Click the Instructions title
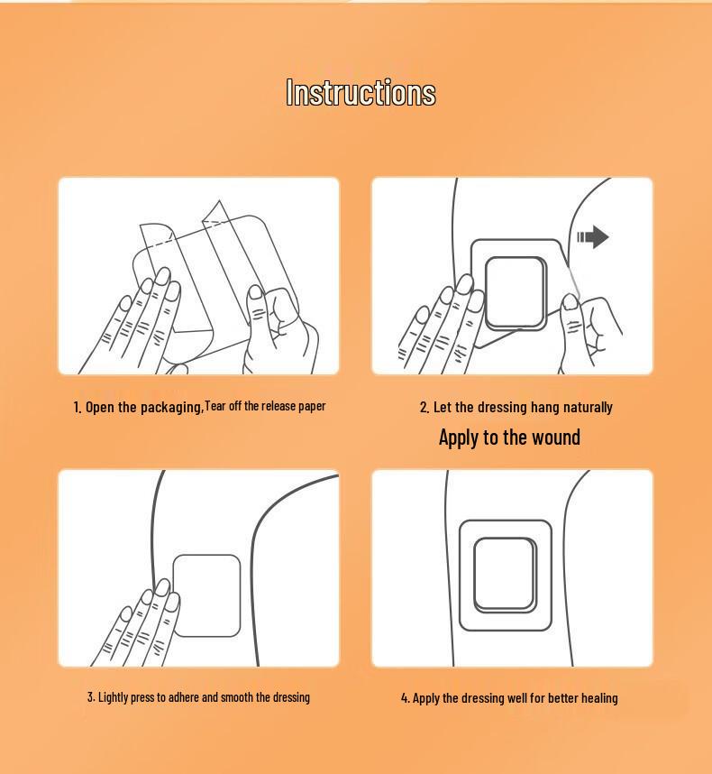(361, 92)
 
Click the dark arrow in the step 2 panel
(593, 237)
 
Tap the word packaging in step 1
(172, 408)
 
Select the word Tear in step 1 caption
(215, 406)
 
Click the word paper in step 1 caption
(312, 407)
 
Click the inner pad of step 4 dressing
(506, 575)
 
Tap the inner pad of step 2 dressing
(516, 293)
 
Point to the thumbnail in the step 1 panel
(256, 292)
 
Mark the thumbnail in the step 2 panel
(570, 301)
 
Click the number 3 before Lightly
(91, 697)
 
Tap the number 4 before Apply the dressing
(405, 698)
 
